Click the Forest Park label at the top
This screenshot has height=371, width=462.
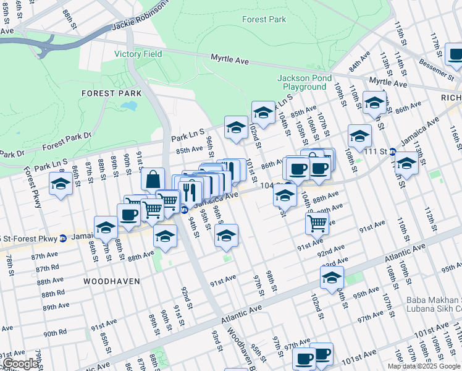tap(264, 19)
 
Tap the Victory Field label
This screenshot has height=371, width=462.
tap(138, 54)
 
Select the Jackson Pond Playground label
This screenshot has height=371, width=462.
tap(305, 82)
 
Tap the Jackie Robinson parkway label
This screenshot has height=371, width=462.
tap(140, 17)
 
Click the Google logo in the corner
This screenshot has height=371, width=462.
tap(20, 364)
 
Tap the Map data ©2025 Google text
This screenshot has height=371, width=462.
tap(423, 366)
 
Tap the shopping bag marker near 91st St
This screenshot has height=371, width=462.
tap(153, 179)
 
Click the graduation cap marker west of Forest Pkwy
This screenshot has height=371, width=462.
tap(61, 184)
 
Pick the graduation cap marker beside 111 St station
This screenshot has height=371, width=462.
tap(406, 163)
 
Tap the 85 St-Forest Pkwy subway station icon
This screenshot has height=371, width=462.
tap(62, 238)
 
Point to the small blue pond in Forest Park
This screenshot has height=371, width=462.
tap(129, 106)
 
